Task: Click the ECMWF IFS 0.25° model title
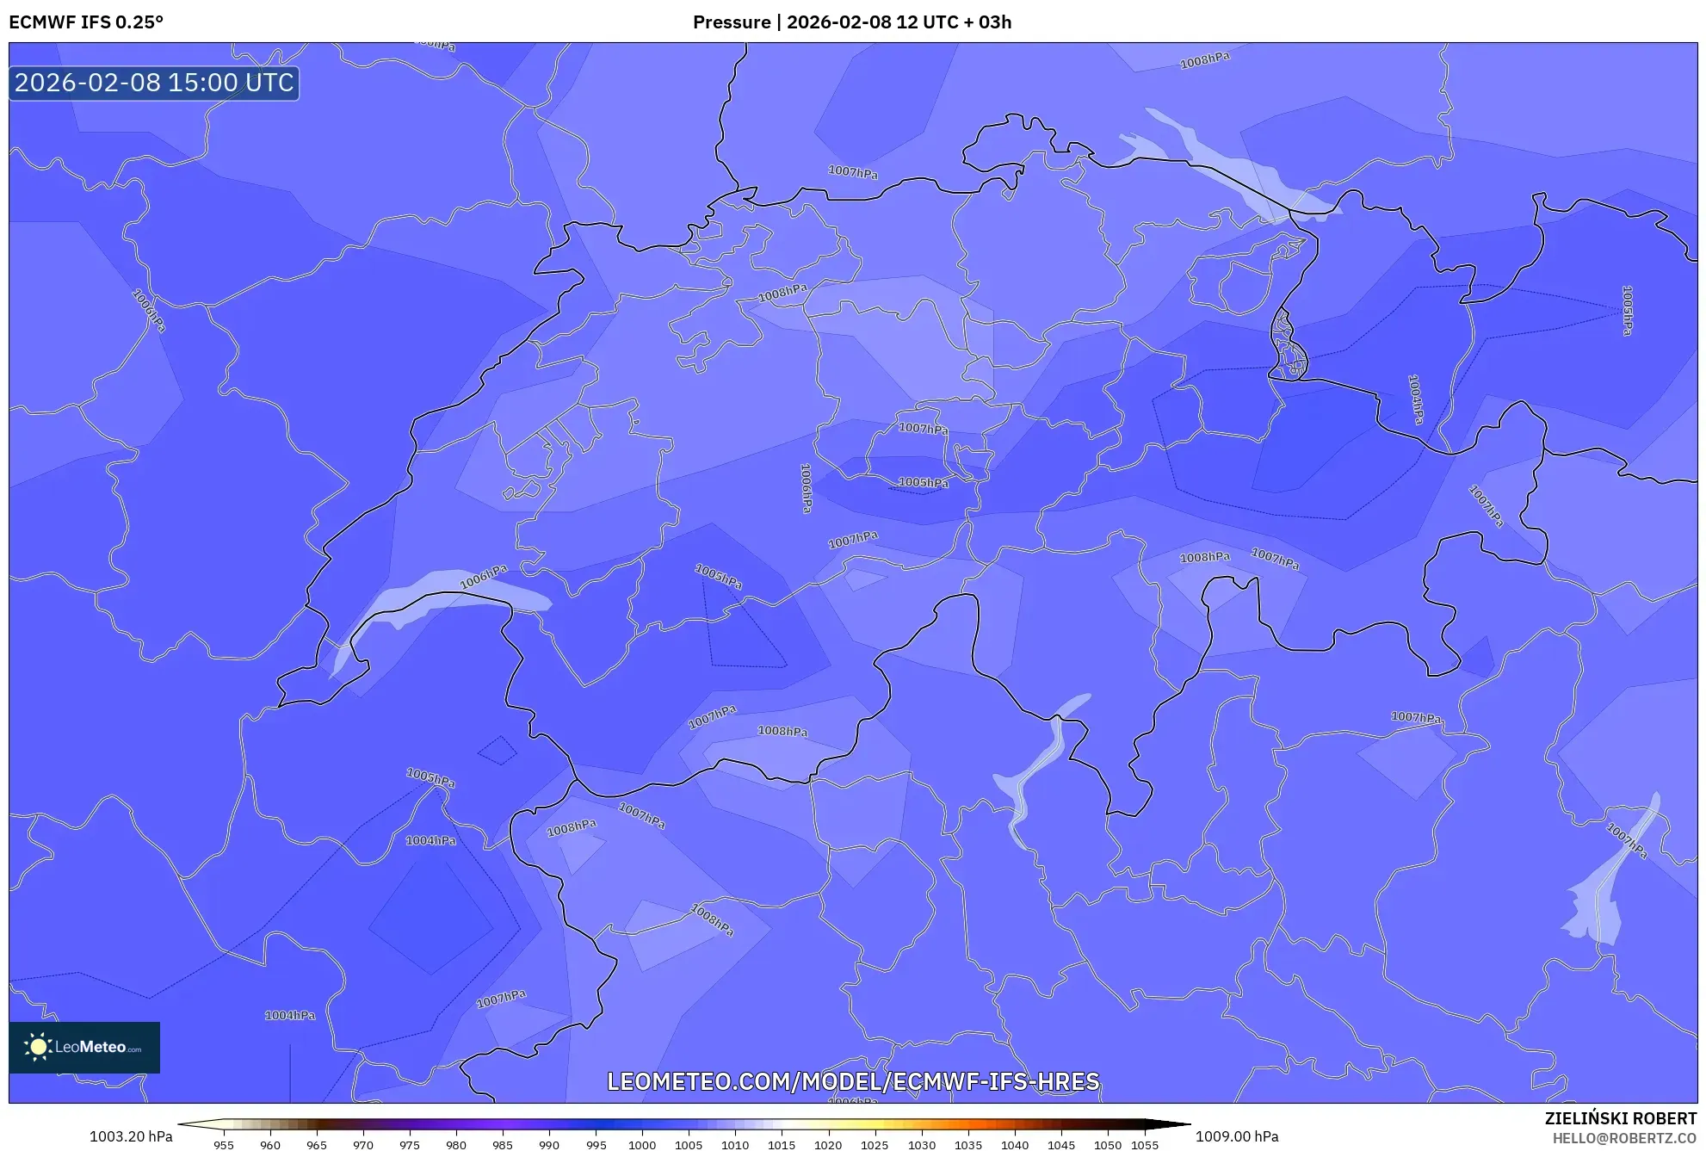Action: pyautogui.click(x=86, y=22)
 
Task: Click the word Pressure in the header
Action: pyautogui.click(x=732, y=22)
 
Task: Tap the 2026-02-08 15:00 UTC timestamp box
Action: pyautogui.click(x=154, y=84)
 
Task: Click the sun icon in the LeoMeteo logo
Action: pyautogui.click(x=38, y=1047)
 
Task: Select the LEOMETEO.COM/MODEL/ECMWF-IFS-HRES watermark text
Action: pyautogui.click(x=853, y=1081)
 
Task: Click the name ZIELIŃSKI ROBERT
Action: pyautogui.click(x=1620, y=1118)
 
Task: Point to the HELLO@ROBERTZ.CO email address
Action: pyautogui.click(x=1624, y=1138)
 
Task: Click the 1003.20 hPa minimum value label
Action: pyautogui.click(x=131, y=1136)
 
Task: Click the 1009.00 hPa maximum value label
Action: pyautogui.click(x=1237, y=1136)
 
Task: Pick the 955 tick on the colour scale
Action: pyautogui.click(x=224, y=1144)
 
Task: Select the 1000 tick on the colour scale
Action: pyautogui.click(x=642, y=1144)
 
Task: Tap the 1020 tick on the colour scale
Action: pyautogui.click(x=828, y=1144)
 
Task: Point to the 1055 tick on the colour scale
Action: pyautogui.click(x=1145, y=1144)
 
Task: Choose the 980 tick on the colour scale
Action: pyautogui.click(x=456, y=1144)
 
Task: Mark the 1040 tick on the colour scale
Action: pyautogui.click(x=1015, y=1144)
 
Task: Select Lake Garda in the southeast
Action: pyautogui.click(x=1610, y=895)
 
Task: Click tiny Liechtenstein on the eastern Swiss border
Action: pyautogui.click(x=1288, y=344)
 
